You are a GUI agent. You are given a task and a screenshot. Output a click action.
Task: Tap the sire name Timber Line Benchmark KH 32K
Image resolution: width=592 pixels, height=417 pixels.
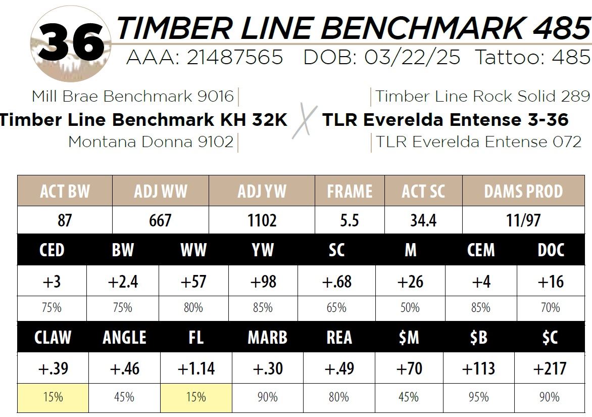pyautogui.click(x=143, y=120)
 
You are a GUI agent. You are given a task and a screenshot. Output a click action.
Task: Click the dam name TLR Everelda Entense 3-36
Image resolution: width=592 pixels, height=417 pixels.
pyautogui.click(x=445, y=120)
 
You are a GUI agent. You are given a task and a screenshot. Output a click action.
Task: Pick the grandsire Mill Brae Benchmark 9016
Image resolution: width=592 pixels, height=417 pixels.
pyautogui.click(x=133, y=96)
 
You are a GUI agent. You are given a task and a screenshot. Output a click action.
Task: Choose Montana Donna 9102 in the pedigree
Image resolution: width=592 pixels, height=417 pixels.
pyautogui.click(x=151, y=142)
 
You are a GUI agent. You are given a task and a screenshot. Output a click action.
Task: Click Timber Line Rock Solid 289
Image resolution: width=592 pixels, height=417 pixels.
pyautogui.click(x=482, y=96)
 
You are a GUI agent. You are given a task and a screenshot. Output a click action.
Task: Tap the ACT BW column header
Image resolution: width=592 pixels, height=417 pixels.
pyautogui.click(x=65, y=191)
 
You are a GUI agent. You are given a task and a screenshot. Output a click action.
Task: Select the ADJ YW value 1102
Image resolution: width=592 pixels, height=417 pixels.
pyautogui.click(x=262, y=220)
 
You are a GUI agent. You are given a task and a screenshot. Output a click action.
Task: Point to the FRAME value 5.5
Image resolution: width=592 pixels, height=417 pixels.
pyautogui.click(x=350, y=220)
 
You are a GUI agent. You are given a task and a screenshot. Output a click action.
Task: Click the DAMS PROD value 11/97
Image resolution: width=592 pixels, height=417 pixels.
pyautogui.click(x=523, y=220)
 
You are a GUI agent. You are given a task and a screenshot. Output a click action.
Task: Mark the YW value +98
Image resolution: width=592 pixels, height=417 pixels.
pyautogui.click(x=263, y=282)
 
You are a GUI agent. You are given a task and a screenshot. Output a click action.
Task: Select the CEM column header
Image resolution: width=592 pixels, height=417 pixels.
pyautogui.click(x=481, y=250)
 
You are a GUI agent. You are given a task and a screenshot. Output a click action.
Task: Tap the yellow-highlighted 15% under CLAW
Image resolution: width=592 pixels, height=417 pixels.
pyautogui.click(x=53, y=397)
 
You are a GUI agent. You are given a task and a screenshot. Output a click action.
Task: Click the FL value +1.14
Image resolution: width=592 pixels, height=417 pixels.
pyautogui.click(x=196, y=368)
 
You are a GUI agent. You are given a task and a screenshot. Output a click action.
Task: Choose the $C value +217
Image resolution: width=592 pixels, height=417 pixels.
pyautogui.click(x=550, y=368)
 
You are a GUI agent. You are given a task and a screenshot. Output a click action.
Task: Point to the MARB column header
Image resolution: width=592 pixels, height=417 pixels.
pyautogui.click(x=267, y=338)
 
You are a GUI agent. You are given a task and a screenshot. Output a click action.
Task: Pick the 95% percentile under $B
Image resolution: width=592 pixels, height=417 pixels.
pyautogui.click(x=479, y=397)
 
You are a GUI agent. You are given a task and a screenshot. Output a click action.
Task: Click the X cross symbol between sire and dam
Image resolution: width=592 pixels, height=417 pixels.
pyautogui.click(x=305, y=121)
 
